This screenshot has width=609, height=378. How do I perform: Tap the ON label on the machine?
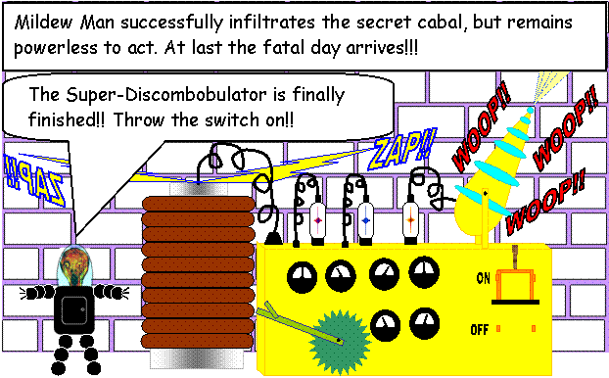click(483, 278)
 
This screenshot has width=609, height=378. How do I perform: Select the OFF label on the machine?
click(479, 329)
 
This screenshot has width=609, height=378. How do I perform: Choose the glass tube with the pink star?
click(318, 221)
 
